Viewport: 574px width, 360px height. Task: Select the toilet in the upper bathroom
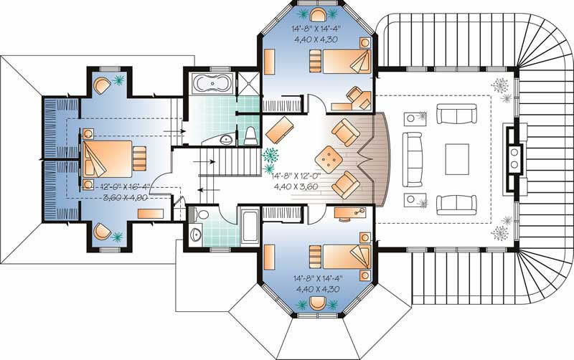pyautogui.click(x=249, y=134)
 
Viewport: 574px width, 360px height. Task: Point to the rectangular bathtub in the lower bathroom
pyautogui.click(x=249, y=225)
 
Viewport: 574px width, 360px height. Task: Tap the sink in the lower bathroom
pyautogui.click(x=197, y=234)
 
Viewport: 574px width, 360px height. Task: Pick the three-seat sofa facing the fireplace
pyautogui.click(x=412, y=155)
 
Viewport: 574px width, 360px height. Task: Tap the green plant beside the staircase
pyautogui.click(x=271, y=155)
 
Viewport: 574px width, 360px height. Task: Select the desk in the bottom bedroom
pyautogui.click(x=349, y=212)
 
